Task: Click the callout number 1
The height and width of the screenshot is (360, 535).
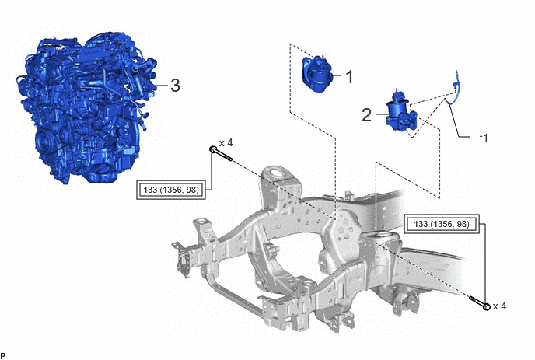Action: (x=349, y=77)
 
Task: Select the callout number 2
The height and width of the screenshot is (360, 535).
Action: (x=366, y=115)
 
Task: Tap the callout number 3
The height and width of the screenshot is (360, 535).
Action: (x=175, y=86)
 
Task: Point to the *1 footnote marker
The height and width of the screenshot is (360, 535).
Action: (x=484, y=138)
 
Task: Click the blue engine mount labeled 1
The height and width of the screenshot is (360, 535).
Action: (x=317, y=74)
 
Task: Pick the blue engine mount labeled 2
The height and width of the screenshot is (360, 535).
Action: (x=401, y=113)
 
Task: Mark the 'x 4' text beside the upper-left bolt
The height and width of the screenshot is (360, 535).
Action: (x=226, y=142)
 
